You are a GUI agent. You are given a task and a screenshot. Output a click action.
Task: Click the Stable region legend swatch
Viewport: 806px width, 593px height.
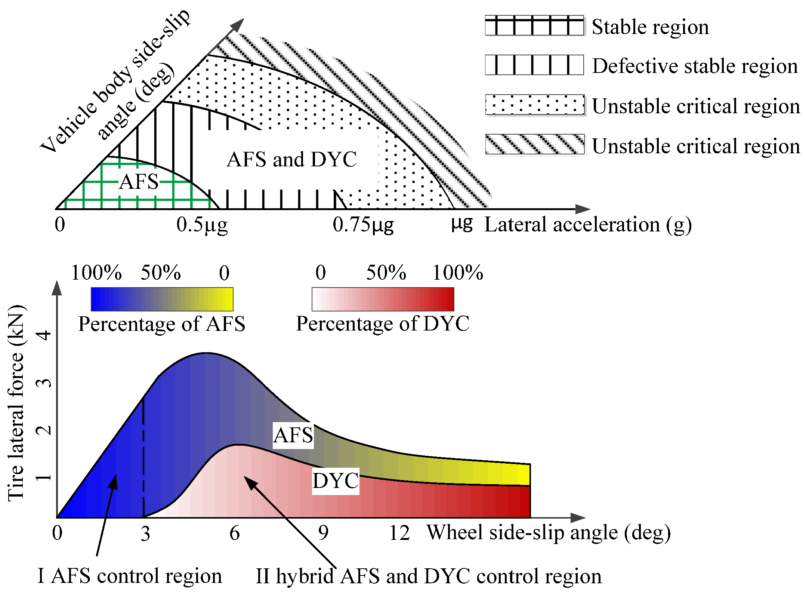[534, 26]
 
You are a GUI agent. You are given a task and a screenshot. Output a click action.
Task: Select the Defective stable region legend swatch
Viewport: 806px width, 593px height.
[534, 65]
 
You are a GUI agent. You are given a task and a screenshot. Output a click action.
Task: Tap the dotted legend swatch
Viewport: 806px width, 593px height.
[535, 105]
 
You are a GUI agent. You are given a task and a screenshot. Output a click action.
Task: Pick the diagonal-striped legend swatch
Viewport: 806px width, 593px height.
[535, 144]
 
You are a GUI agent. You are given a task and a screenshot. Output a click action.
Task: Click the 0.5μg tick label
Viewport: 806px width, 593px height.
[202, 225]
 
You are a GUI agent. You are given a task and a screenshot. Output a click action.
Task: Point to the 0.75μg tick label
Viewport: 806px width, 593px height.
[363, 225]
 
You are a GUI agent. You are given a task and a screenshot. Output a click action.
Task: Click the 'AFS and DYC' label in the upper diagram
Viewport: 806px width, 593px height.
[291, 160]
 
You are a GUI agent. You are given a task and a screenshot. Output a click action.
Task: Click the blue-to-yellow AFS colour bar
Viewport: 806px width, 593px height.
[162, 299]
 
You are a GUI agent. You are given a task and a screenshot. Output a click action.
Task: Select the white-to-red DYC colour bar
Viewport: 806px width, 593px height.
[383, 299]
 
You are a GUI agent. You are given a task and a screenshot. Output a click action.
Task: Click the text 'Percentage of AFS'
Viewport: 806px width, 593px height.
[162, 324]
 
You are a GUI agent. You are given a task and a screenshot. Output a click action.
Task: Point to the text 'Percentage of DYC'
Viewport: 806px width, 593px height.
[383, 324]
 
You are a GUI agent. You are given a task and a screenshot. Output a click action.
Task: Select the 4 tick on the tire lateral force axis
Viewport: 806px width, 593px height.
[44, 335]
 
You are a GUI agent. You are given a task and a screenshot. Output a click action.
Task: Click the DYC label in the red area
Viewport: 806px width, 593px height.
[336, 481]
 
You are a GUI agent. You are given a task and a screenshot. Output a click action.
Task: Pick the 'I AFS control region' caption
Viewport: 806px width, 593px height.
[130, 576]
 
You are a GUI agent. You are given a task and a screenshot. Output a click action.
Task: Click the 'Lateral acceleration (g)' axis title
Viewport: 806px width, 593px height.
[588, 225]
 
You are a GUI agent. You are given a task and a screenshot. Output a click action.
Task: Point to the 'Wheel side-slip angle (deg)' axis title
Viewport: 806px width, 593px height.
[549, 533]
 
